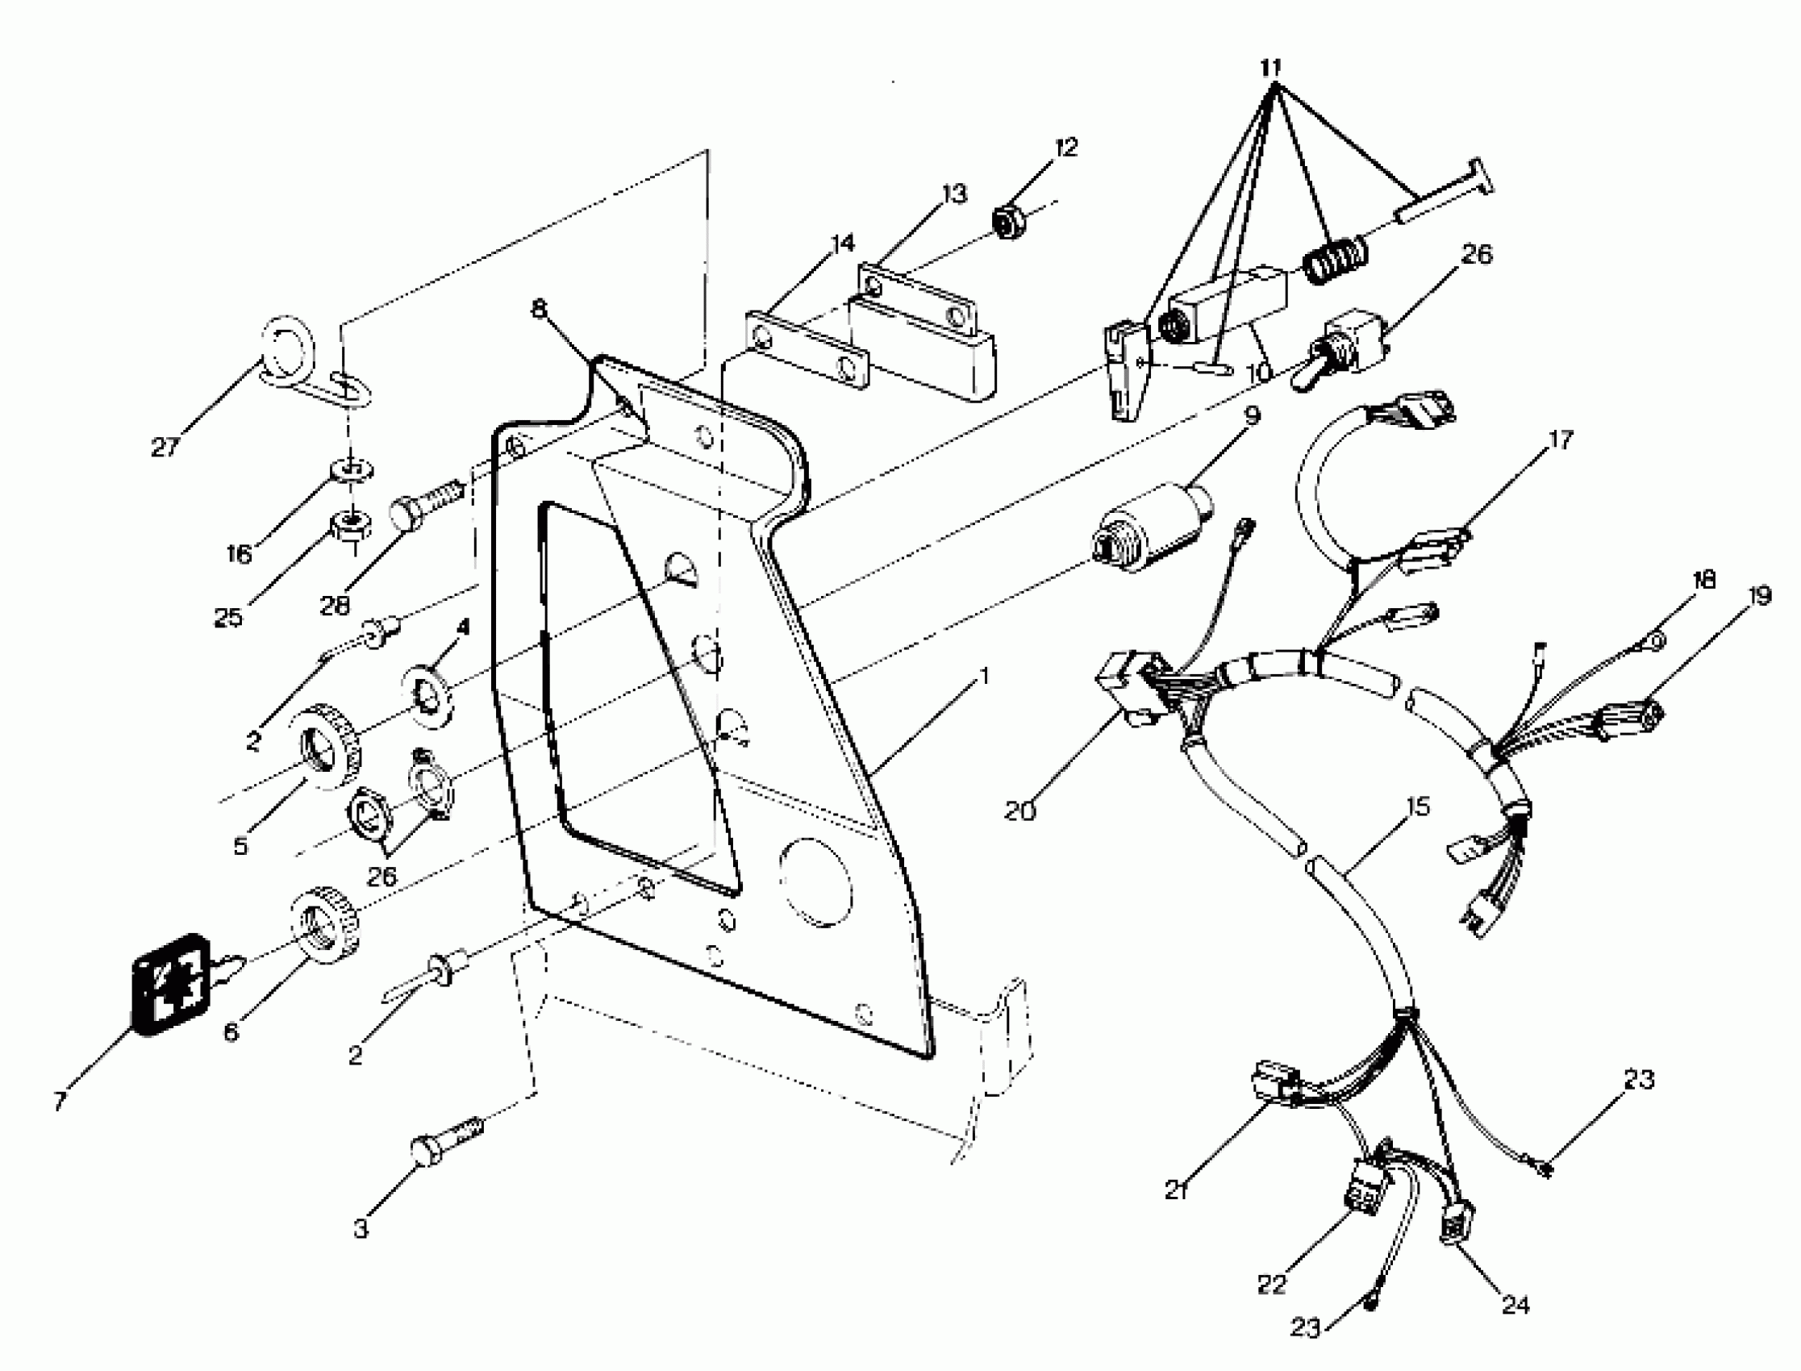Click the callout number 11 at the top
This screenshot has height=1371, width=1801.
click(1270, 67)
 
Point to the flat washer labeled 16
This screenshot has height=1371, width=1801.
click(352, 470)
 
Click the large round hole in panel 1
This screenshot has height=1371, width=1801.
click(816, 882)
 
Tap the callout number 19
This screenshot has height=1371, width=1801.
click(1760, 596)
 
